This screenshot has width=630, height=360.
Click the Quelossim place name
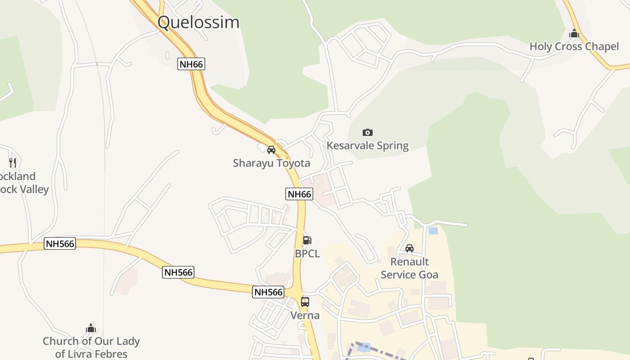point(198,22)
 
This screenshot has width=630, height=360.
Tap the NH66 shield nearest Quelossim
point(191,64)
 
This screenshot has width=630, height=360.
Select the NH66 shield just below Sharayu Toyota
point(299,194)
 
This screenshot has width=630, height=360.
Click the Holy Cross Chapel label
point(574,46)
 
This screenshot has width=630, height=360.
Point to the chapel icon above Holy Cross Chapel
point(574,33)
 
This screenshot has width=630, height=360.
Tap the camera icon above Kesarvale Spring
point(368,132)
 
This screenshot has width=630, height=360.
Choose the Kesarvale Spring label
point(368,145)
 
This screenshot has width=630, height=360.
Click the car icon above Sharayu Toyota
point(271,150)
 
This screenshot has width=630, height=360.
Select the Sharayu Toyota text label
point(271,163)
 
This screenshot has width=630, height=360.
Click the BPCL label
point(307,254)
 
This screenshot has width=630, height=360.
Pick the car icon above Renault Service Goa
point(409,248)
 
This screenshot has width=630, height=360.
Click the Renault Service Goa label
point(409,268)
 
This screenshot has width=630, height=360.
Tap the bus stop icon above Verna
point(305,302)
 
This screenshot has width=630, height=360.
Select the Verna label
point(305,315)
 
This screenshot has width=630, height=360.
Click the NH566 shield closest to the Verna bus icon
point(268,292)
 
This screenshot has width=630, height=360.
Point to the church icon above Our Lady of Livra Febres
point(91,328)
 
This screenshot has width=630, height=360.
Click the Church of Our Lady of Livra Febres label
point(91,347)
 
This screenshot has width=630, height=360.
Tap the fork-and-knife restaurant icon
point(13,162)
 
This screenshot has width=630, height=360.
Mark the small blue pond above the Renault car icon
point(433,231)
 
